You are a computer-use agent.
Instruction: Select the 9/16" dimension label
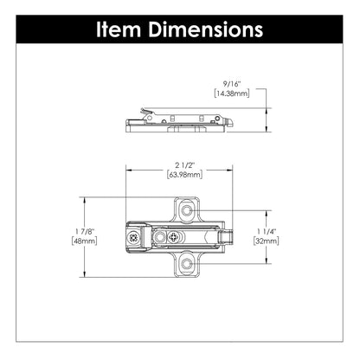click(230, 83)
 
